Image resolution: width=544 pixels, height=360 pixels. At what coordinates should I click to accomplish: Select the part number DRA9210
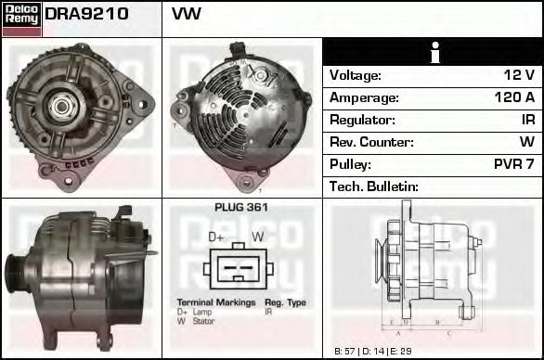[x=86, y=15]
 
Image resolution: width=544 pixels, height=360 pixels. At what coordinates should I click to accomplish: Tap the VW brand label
[x=187, y=15]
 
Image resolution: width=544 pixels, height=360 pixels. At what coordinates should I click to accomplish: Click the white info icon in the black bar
[x=434, y=53]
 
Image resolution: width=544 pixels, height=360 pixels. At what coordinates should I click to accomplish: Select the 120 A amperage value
[x=514, y=97]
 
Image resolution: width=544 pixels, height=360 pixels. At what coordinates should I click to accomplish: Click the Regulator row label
[x=362, y=120]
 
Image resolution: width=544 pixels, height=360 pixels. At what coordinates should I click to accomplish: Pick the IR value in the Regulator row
[x=527, y=120]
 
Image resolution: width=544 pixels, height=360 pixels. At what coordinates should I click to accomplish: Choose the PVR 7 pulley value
[x=513, y=164]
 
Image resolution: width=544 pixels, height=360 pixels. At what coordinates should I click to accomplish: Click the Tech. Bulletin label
[x=374, y=186]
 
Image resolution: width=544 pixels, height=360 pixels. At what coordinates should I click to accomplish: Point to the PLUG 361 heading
[x=240, y=208]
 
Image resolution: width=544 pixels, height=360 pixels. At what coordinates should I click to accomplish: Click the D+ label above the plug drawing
[x=216, y=238]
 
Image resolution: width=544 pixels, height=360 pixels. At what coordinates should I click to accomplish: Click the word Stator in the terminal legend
[x=202, y=321]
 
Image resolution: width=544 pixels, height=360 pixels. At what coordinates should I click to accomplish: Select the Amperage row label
[x=364, y=97]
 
